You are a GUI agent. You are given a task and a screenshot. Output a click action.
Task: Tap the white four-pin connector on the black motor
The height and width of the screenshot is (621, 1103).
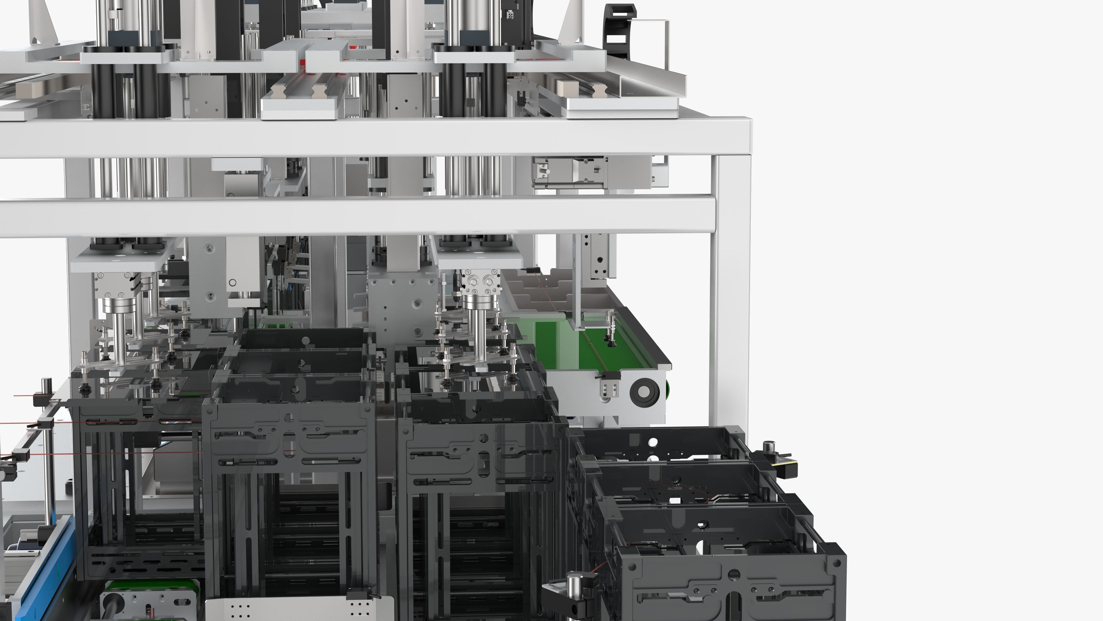click(510, 15)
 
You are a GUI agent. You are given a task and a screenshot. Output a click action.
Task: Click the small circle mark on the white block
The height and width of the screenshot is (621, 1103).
click(232, 282)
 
